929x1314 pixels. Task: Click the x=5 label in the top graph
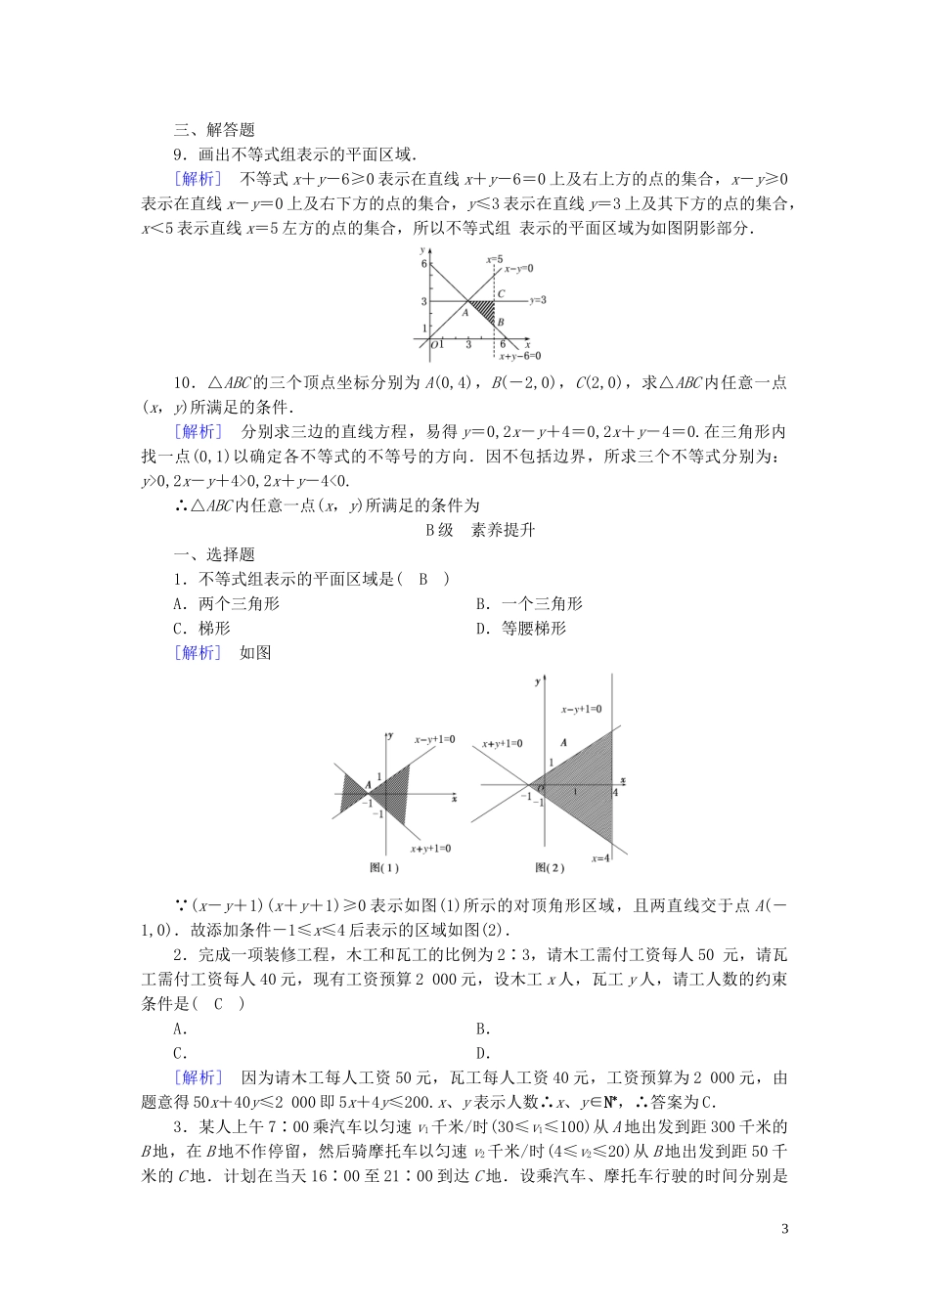pos(494,259)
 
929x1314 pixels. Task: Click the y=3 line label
pos(537,300)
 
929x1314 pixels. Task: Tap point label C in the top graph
pos(501,292)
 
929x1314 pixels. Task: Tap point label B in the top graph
pos(501,322)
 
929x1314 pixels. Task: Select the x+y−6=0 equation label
pos(519,357)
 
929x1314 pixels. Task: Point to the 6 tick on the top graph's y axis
pos(424,264)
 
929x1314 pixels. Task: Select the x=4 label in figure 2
pos(600,857)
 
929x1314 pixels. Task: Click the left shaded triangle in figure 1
pos(352,787)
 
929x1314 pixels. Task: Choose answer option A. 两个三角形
pos(226,604)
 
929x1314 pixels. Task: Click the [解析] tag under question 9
pos(197,179)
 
